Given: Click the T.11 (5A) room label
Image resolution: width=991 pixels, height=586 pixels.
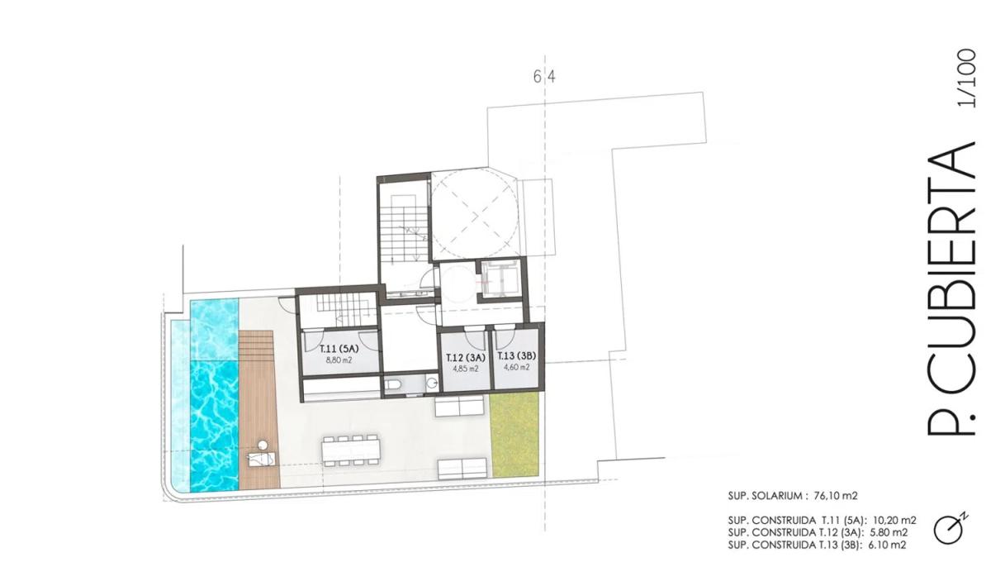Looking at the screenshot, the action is coord(339,349).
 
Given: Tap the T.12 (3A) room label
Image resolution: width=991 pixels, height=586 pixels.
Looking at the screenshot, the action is coord(466,357).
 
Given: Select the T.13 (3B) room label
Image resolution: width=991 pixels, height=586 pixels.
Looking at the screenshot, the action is coord(516,355).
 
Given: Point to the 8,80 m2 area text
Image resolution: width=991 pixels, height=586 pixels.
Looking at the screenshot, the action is coord(339,360).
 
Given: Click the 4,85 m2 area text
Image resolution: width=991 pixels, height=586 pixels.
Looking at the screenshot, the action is coord(466,369).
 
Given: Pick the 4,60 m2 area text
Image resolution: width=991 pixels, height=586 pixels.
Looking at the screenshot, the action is coord(517,367).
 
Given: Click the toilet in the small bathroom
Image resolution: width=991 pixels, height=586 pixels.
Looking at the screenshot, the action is coord(393,384).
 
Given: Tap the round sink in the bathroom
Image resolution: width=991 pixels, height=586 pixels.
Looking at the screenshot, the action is coord(432,382).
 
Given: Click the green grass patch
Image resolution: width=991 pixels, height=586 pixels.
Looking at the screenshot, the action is coord(515,435).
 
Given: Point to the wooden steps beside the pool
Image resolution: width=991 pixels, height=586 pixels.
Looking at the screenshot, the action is coord(256,341).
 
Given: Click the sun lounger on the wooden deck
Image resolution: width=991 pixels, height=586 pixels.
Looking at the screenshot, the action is coord(262,460).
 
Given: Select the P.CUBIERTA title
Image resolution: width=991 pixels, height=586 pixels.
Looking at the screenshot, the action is coord(951,288).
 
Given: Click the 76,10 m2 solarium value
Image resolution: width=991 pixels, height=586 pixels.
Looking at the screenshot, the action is coord(836,496).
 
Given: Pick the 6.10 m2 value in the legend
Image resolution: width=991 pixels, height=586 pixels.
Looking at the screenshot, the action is coord(887,546).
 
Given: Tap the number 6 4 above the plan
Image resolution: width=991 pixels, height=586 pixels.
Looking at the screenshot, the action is coord(544,77).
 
